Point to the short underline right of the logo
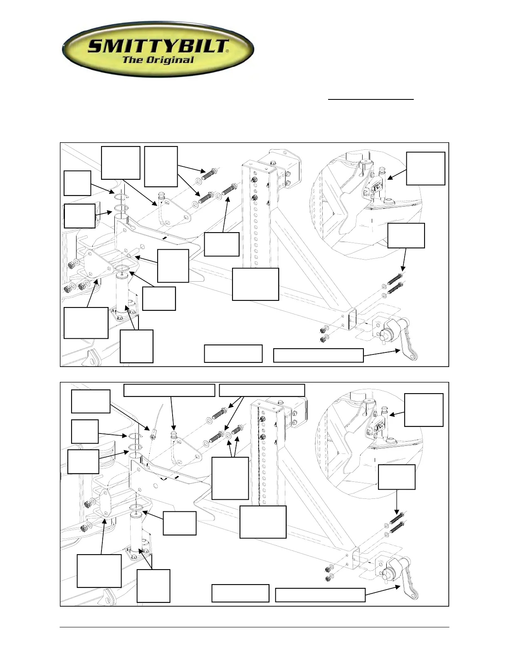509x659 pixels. [x=371, y=99]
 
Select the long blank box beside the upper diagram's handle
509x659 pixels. [x=318, y=355]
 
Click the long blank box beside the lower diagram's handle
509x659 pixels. [x=320, y=595]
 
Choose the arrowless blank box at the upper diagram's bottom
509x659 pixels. [x=233, y=353]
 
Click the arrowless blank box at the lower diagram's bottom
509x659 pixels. [x=240, y=593]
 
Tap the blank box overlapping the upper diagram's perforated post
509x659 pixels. [x=255, y=284]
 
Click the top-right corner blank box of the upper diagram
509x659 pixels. [x=425, y=168]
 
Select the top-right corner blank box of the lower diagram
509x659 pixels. [x=424, y=410]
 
